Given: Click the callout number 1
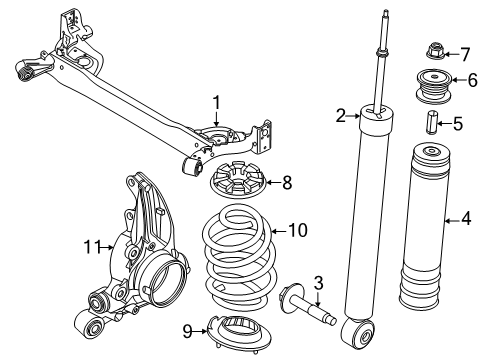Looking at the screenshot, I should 214,102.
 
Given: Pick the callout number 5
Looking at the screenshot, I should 458,125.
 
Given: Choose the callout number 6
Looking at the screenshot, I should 473,82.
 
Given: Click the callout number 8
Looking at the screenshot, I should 289,182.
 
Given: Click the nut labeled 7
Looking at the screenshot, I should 436,54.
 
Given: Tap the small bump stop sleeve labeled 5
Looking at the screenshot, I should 431,126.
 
